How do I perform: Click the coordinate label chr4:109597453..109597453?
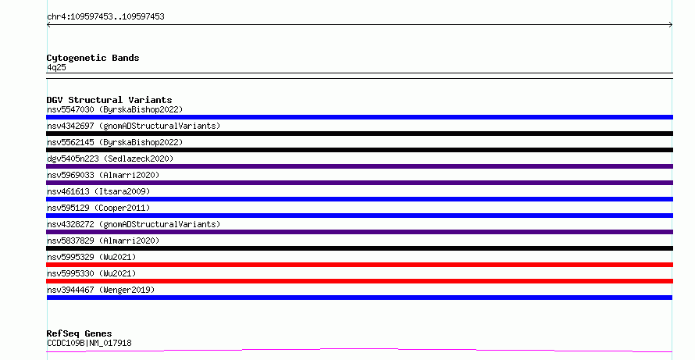pos(105,17)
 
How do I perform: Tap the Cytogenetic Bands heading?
pos(93,58)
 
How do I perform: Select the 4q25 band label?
pos(56,67)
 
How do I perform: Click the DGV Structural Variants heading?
pos(109,100)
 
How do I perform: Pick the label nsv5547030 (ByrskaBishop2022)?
pos(115,109)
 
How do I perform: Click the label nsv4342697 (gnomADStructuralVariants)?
pos(134,126)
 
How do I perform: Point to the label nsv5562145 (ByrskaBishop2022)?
pos(115,142)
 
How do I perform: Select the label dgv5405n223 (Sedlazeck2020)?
pos(110,159)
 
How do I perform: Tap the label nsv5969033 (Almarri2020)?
pos(103,175)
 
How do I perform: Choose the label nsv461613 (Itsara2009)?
pos(98,191)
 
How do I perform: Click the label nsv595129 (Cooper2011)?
pos(98,208)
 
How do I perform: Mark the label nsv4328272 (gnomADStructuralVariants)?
pos(134,224)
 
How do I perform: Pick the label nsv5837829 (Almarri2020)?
pos(103,241)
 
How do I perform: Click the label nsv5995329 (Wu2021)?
pos(91,257)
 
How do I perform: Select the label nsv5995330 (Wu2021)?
pos(91,273)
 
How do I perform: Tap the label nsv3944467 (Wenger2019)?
pos(101,290)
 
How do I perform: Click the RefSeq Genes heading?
pos(79,333)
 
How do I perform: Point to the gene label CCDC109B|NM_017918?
pos(89,343)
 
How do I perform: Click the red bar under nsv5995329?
pos(359,265)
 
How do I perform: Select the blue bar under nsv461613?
pos(359,199)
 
